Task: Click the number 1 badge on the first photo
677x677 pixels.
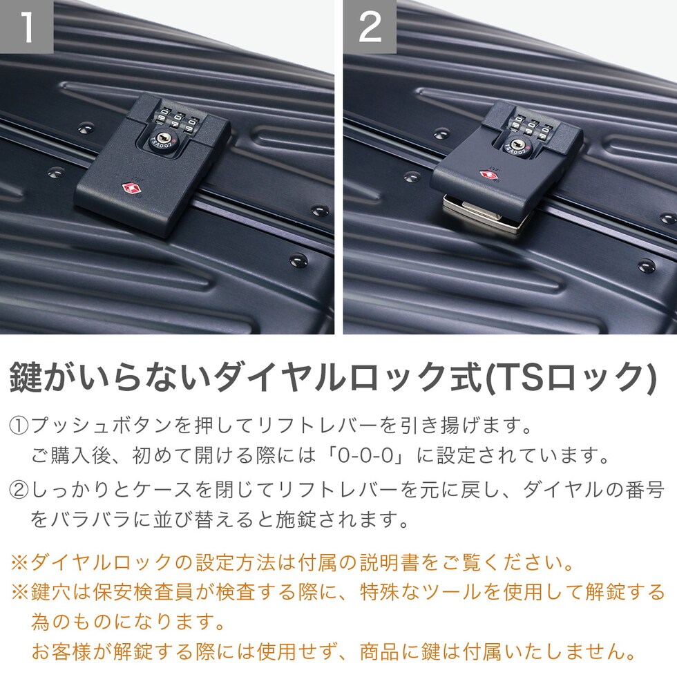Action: tap(26, 26)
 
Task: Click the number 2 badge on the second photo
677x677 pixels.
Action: tap(370, 26)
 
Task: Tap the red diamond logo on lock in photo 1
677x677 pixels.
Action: tap(129, 188)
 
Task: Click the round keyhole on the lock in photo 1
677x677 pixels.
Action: tap(163, 139)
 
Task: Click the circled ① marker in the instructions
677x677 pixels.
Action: tap(19, 426)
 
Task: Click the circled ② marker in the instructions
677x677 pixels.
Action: tap(19, 490)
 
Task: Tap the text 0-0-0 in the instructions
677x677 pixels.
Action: tap(365, 455)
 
